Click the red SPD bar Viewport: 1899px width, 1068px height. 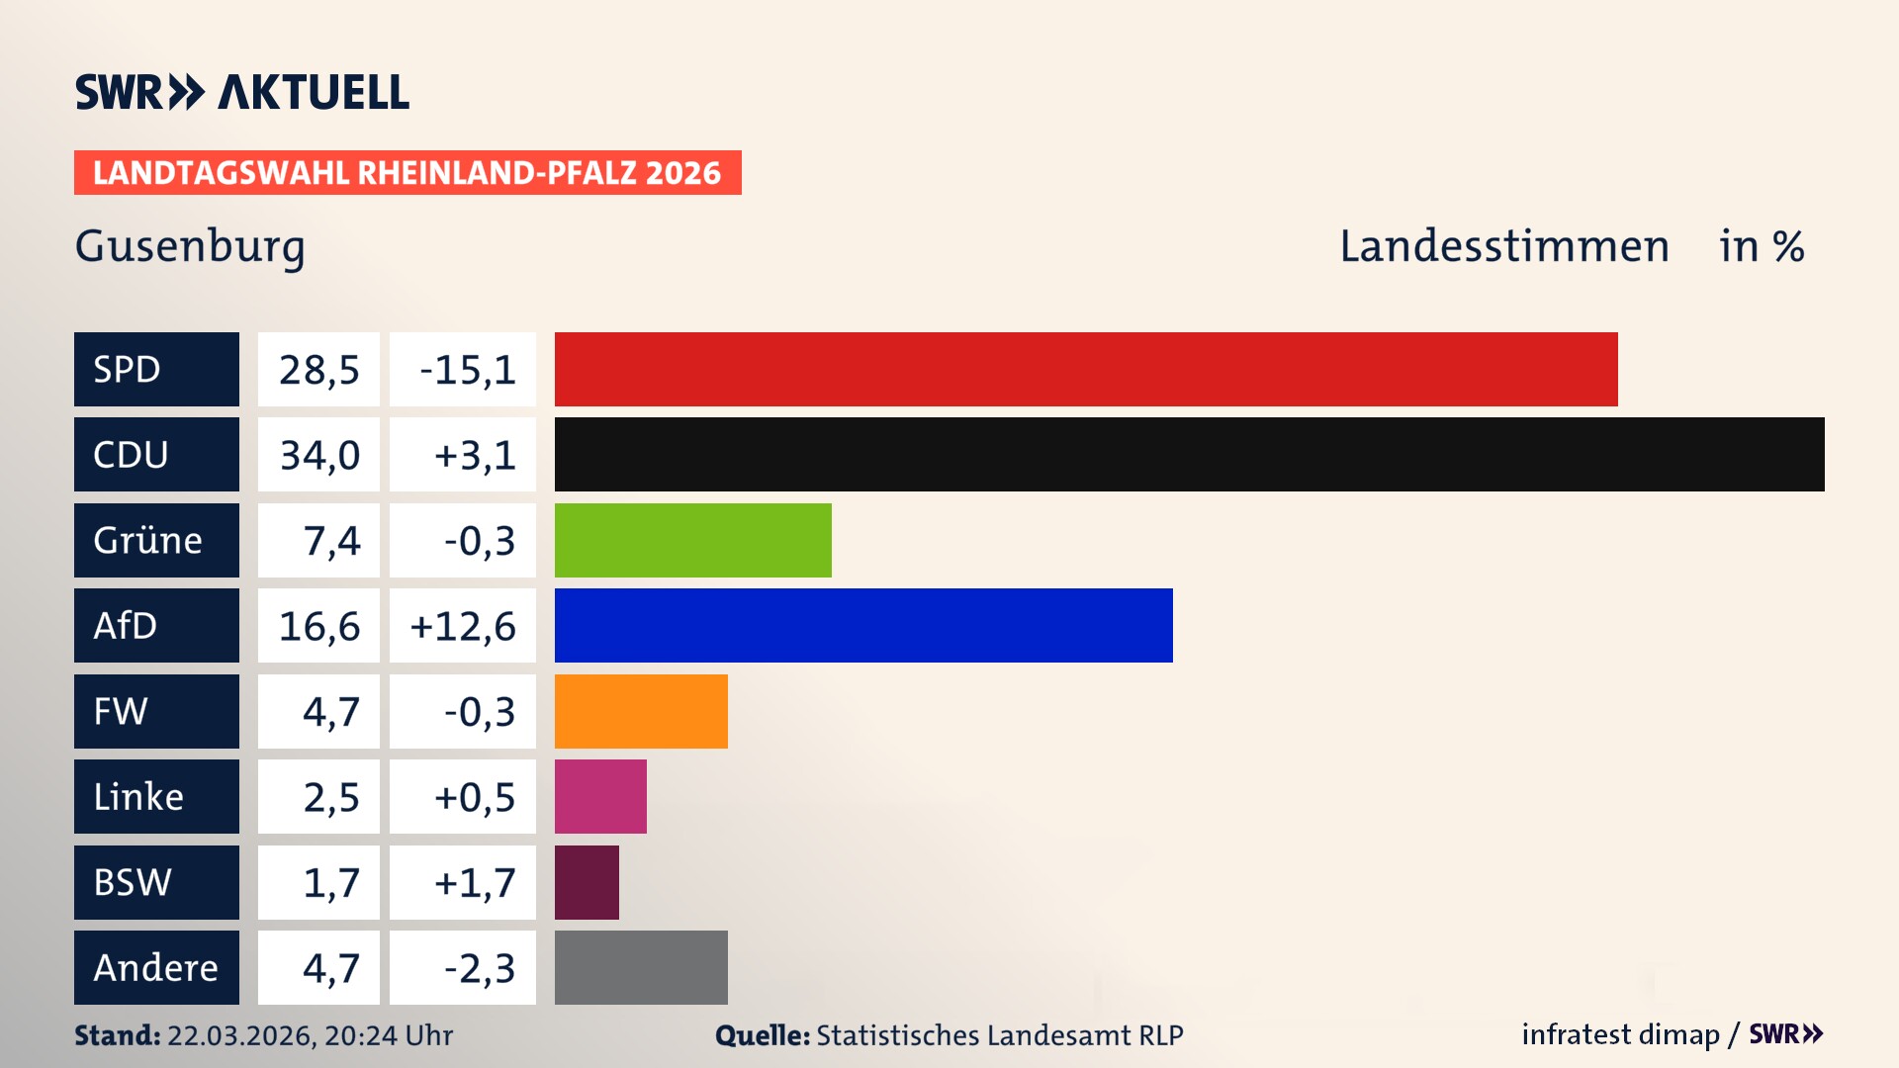pos(1085,369)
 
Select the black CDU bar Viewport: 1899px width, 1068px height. pos(1189,454)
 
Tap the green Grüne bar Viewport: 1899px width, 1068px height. pos(692,540)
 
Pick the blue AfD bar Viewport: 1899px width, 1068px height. pos(862,625)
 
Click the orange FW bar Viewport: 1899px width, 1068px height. pos(640,711)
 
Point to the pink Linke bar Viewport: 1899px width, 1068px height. pos(599,796)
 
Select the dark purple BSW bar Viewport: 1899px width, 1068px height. pos(587,882)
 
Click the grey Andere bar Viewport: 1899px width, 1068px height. pos(640,967)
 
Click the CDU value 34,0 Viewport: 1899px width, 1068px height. pos(318,455)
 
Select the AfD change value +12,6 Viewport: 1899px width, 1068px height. pos(462,626)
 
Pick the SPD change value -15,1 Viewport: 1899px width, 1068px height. pos(466,370)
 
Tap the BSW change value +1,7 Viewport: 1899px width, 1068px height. pos(474,882)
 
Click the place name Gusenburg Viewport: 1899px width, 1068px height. pos(190,246)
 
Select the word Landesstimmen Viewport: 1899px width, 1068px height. pos(1503,246)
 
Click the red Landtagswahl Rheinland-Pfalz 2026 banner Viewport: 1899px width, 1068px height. pos(407,173)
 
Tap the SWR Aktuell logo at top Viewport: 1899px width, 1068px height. pos(241,92)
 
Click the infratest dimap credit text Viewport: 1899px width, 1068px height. pos(1619,1034)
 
